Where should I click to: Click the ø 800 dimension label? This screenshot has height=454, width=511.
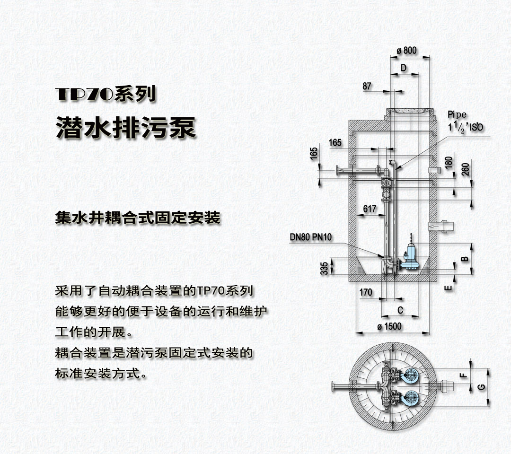tap(406, 51)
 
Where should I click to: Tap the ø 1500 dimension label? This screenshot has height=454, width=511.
tap(389, 326)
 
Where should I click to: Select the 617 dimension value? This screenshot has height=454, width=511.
tap(370, 209)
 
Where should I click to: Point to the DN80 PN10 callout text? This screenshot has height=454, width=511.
tap(310, 237)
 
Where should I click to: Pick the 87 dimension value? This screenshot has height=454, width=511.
tap(367, 86)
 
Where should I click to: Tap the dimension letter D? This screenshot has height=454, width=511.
tap(404, 68)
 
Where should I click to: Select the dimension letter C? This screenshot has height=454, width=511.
tap(400, 310)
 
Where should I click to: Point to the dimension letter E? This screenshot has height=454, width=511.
tap(449, 288)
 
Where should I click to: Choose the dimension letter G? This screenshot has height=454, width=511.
tap(481, 387)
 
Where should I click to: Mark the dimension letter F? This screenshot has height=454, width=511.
tap(463, 375)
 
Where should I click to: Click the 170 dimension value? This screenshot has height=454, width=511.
tap(366, 292)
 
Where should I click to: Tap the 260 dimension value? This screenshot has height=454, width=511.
tap(466, 169)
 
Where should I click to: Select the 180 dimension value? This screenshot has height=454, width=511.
tap(449, 163)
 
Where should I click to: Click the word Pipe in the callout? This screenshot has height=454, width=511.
tap(457, 114)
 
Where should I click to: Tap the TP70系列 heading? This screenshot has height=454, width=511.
tap(105, 95)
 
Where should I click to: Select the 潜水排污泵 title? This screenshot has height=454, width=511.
tap(126, 128)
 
